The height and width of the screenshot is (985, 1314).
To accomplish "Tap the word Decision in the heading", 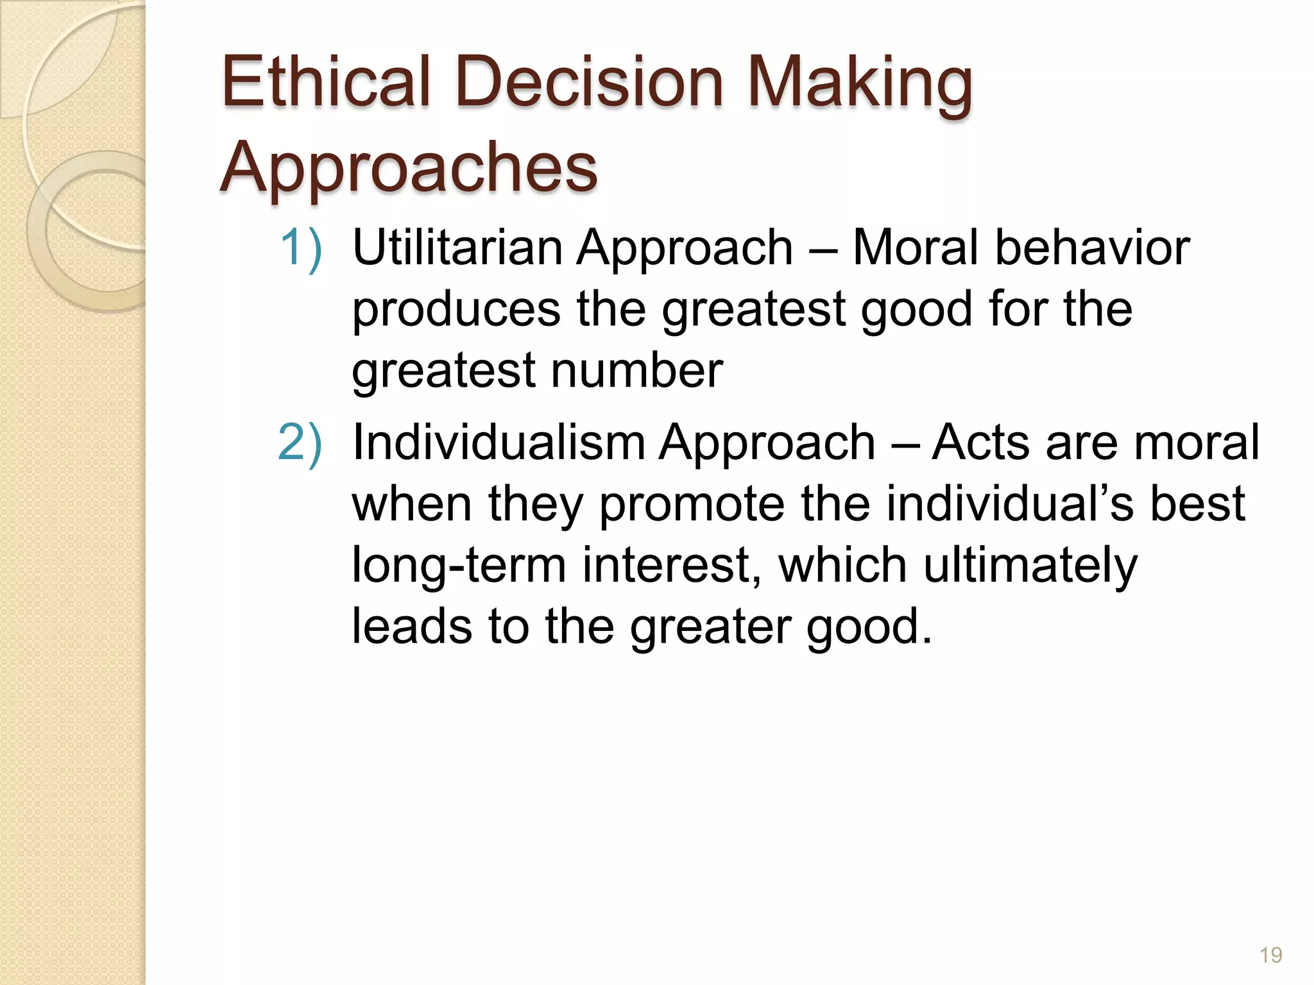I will coord(589,83).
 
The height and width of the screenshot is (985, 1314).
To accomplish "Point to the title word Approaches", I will coord(409,168).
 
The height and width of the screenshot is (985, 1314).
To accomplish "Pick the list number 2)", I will coord(300,442).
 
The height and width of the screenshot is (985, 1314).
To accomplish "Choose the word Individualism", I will coord(499,442).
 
